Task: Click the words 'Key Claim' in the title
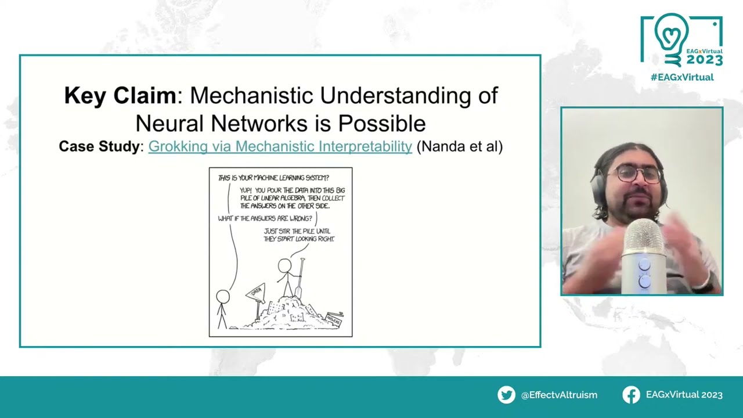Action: [120, 96]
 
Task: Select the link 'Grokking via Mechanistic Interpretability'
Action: [280, 146]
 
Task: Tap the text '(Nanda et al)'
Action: [459, 146]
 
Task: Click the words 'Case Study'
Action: [99, 146]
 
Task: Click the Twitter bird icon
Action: [506, 395]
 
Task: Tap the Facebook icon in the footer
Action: [631, 395]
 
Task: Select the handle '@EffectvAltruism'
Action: [559, 395]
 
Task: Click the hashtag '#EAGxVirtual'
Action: [681, 77]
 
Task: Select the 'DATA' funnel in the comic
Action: [256, 293]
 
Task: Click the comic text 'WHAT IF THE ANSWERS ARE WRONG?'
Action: [265, 218]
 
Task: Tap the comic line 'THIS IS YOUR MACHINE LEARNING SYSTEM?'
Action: [273, 178]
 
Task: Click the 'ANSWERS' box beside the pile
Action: [334, 319]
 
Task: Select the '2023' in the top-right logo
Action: [704, 60]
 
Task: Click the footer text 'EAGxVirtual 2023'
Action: [684, 395]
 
